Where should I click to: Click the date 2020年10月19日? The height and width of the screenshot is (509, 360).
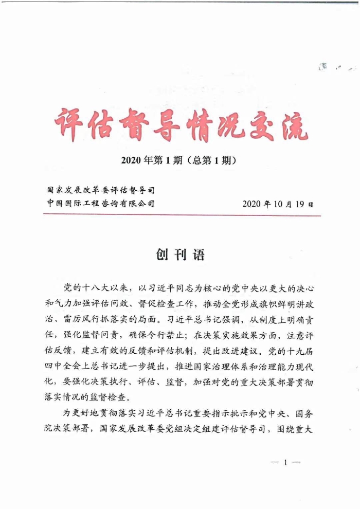tap(277, 204)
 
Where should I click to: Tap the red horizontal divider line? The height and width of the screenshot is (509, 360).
tap(180, 215)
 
